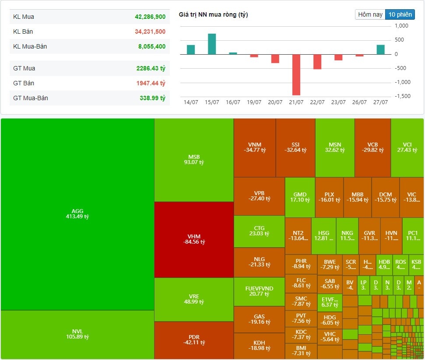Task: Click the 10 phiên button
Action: point(400,14)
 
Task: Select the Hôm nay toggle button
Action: point(370,14)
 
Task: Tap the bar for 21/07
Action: point(296,74)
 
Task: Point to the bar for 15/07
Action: point(212,44)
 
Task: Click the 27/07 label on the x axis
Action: point(380,102)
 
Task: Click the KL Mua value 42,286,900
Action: point(150,17)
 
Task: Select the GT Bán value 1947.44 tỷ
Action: point(151,83)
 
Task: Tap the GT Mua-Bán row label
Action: point(31,98)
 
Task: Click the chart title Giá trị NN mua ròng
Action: point(213,15)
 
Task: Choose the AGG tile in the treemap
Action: point(77,214)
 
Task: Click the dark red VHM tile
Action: point(194,239)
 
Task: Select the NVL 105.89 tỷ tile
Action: point(77,334)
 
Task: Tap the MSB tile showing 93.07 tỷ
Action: point(194,160)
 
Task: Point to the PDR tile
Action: point(194,340)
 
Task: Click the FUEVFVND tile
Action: point(259,291)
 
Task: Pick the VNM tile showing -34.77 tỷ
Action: point(254,147)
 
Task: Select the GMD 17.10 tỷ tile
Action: point(300,197)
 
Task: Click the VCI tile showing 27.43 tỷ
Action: point(407,147)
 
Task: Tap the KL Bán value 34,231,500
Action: point(150,31)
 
